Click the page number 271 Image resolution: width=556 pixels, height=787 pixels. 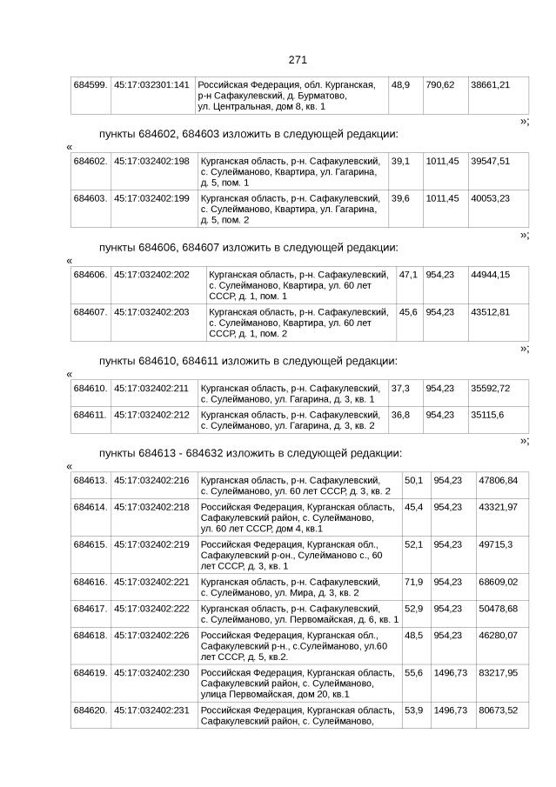point(298,59)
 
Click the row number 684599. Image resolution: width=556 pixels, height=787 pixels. point(90,84)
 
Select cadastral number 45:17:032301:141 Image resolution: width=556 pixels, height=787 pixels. point(152,84)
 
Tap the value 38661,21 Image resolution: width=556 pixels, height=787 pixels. point(490,84)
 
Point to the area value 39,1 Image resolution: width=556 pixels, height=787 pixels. point(401,161)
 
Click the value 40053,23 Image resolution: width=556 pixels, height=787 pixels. point(490,198)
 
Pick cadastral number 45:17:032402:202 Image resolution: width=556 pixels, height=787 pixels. point(152,275)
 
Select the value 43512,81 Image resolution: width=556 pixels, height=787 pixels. point(490,311)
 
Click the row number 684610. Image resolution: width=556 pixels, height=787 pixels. point(90,388)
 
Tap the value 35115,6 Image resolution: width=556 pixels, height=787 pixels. point(486,415)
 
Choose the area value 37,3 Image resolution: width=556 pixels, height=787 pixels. point(401,388)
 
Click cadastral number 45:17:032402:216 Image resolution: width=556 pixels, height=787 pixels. point(152,480)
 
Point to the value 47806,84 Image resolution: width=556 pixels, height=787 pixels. point(498,480)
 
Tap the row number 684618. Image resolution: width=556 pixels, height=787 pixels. point(90,636)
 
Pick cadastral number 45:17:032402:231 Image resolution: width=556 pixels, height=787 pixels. point(152,710)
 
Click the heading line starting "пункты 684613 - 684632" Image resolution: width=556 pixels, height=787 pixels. point(250,453)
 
